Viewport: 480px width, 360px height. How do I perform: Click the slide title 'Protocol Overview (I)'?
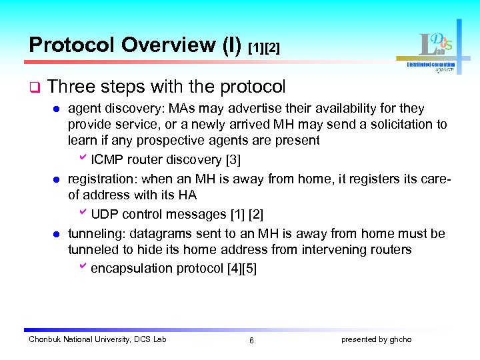[x=136, y=45]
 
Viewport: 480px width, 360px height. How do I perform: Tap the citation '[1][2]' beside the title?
[x=264, y=48]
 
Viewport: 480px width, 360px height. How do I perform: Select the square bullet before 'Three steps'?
[x=34, y=88]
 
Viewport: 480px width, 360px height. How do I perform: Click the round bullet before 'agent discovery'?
[x=57, y=109]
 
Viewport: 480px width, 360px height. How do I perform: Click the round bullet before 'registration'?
[x=57, y=179]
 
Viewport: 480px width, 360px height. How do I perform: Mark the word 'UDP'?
[x=103, y=214]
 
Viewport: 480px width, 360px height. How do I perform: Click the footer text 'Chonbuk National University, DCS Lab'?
[x=97, y=339]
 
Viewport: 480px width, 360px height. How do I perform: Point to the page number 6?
[x=251, y=341]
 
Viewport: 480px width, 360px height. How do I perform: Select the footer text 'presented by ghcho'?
[x=376, y=339]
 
